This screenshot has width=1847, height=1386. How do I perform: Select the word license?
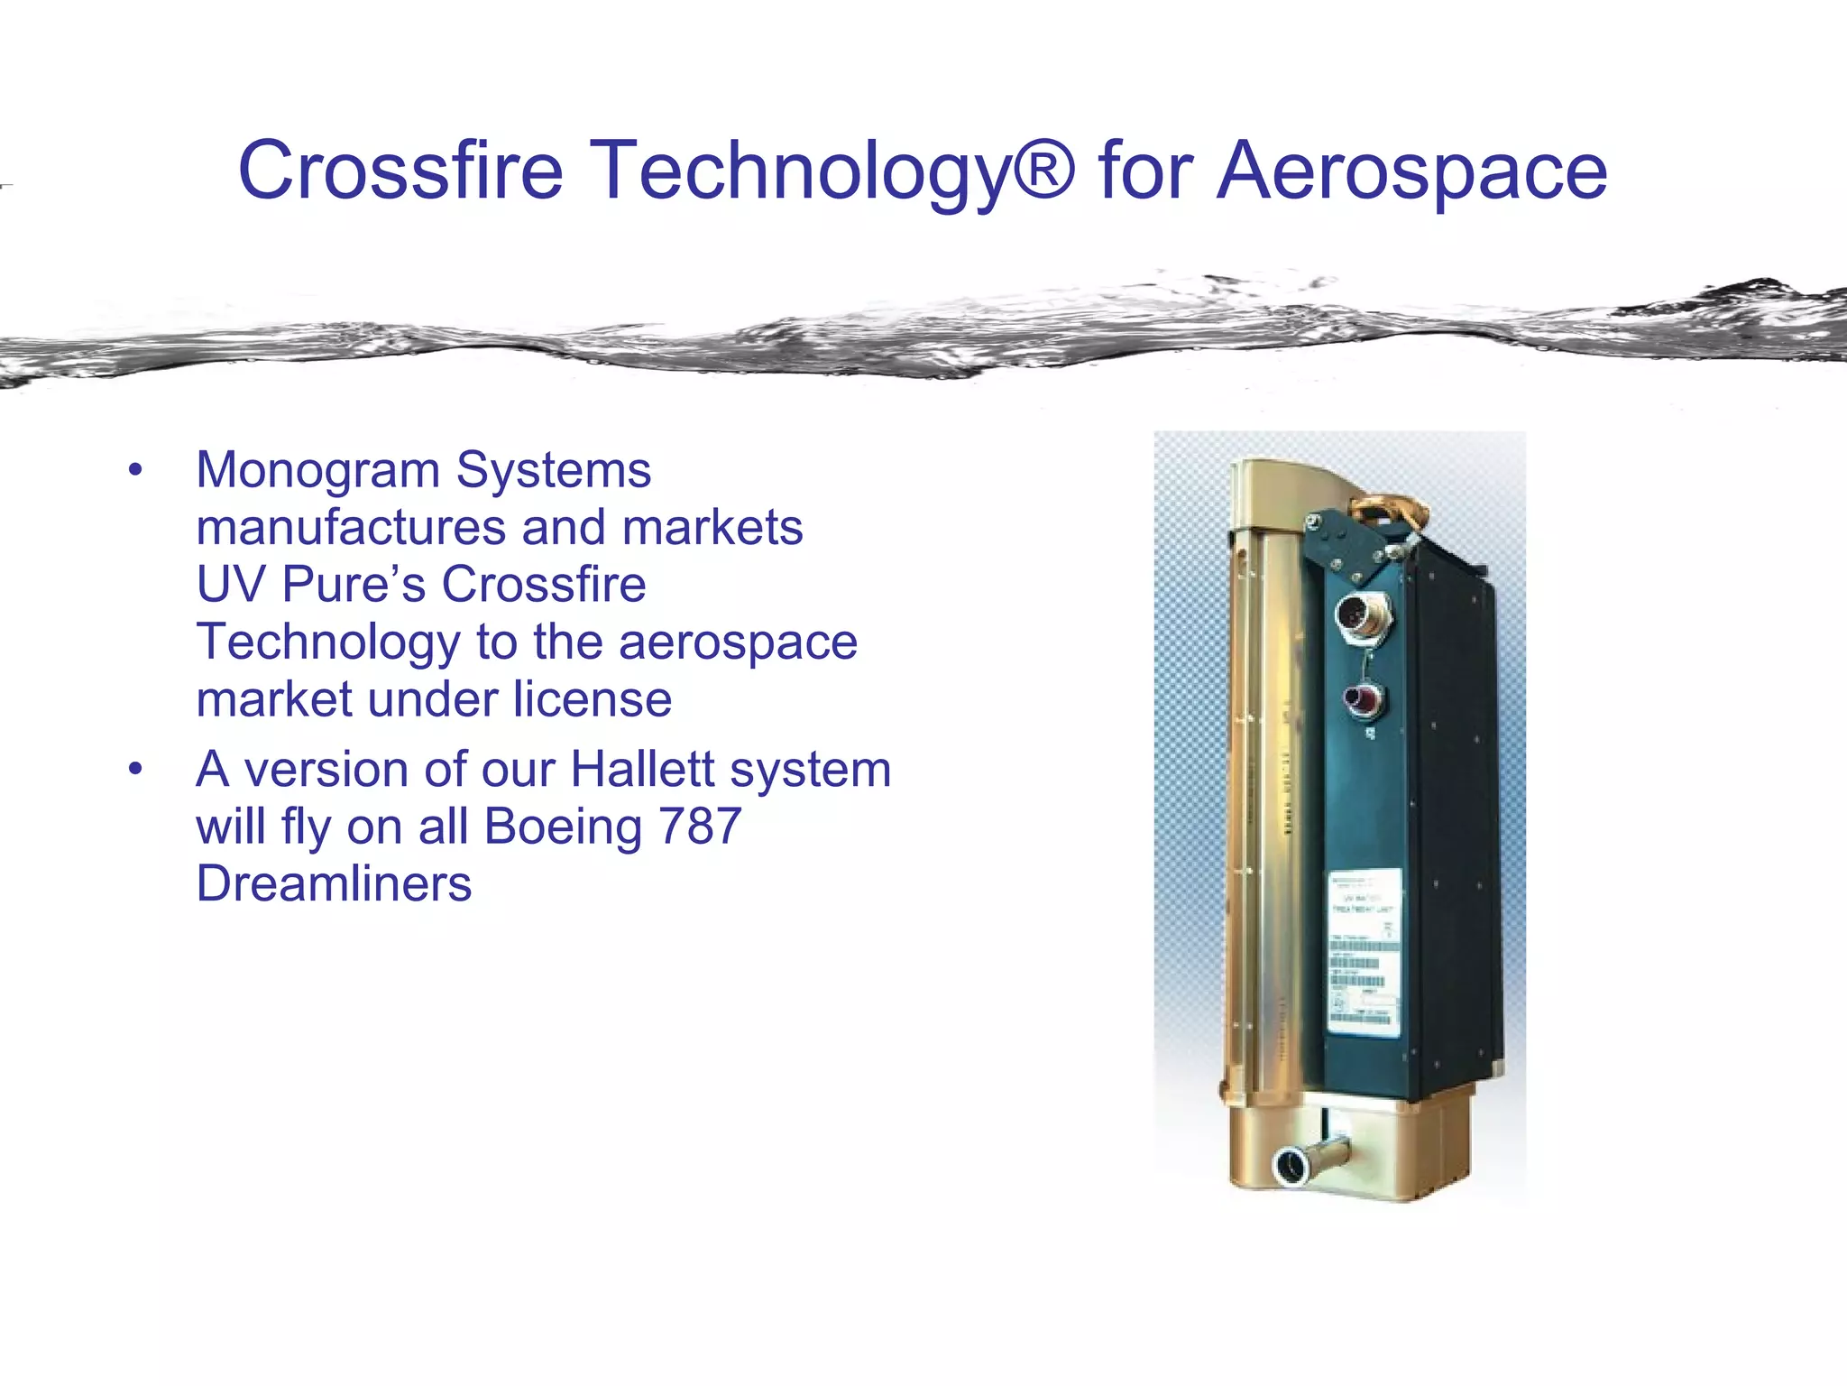pos(593,699)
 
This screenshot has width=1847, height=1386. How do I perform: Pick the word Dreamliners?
pos(334,883)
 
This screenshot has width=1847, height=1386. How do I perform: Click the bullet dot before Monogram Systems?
pos(135,471)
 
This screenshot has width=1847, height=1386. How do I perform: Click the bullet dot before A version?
pos(135,770)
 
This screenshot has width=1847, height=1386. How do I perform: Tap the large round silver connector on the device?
pos(1355,616)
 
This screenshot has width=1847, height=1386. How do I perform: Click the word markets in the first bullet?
pos(712,528)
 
